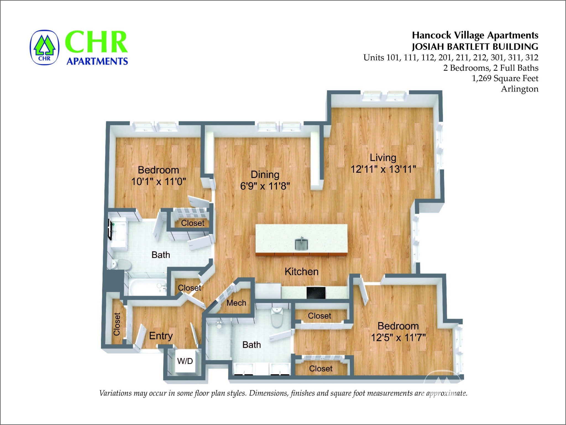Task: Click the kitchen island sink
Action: tap(302, 244)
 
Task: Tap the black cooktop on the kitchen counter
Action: tap(316, 293)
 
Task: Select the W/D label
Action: tap(185, 361)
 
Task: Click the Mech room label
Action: tap(236, 303)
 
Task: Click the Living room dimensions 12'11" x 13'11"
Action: tap(383, 169)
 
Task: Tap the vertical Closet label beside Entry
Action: tap(117, 324)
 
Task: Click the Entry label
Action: tap(161, 336)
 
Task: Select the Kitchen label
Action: tap(302, 272)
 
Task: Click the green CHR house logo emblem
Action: tap(44, 48)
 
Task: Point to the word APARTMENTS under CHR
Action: tap(97, 61)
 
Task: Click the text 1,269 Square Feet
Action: tap(505, 79)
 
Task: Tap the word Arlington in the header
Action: tap(520, 89)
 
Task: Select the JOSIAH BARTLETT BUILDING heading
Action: tap(475, 47)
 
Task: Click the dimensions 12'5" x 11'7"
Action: tap(398, 338)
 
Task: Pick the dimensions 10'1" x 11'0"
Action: tap(159, 182)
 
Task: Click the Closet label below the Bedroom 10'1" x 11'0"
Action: tap(193, 223)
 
